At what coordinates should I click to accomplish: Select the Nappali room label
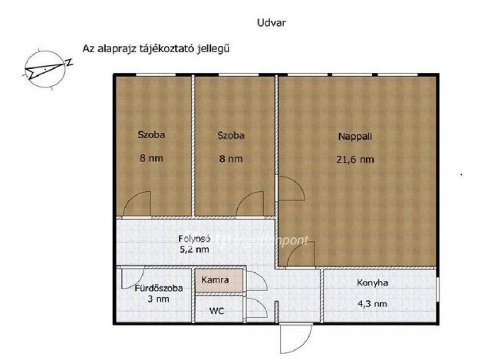(354, 136)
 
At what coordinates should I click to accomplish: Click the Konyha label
(372, 282)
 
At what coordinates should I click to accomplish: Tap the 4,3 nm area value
(373, 304)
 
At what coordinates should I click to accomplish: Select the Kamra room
(217, 279)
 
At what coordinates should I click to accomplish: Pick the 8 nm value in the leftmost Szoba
(151, 160)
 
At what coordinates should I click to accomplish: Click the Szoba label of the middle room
(230, 136)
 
